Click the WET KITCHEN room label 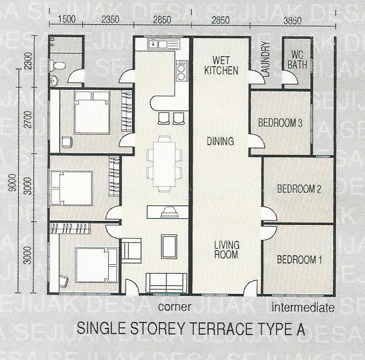point(221,65)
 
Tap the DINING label point(220,141)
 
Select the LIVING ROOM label point(226,250)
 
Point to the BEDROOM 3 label point(280,122)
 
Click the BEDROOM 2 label point(299,189)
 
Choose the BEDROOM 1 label point(299,259)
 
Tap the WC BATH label point(297,60)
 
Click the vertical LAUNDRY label point(265,59)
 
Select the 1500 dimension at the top point(67,19)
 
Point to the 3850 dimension point(293,20)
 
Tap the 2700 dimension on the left point(28,119)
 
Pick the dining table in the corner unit point(164,164)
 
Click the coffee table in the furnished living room point(169,246)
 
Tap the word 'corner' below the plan point(175,307)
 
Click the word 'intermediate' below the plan point(303,307)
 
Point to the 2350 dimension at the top point(110,19)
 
